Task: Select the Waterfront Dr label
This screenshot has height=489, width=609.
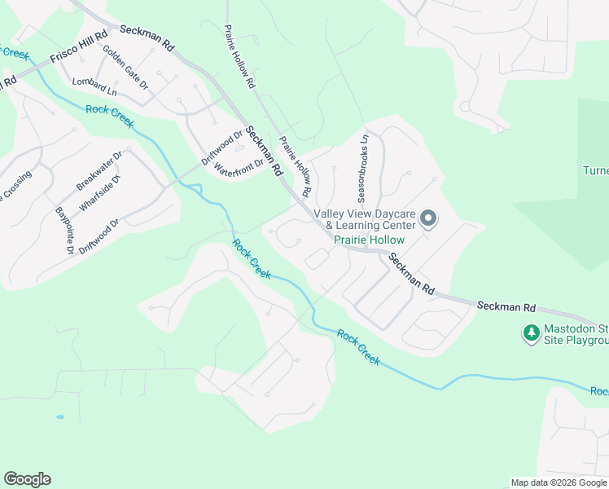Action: pos(243,163)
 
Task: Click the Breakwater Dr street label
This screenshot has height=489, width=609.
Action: pos(99,171)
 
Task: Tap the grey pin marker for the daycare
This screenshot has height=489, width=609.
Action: pos(429,218)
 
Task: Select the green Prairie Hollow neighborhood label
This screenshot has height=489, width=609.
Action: pos(369,240)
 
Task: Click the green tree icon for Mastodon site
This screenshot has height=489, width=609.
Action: pos(531,333)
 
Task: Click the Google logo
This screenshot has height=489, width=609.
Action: pos(27,479)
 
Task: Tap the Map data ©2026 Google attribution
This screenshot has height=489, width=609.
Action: pos(559,482)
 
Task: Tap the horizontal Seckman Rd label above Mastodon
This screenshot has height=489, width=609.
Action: pos(506,307)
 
